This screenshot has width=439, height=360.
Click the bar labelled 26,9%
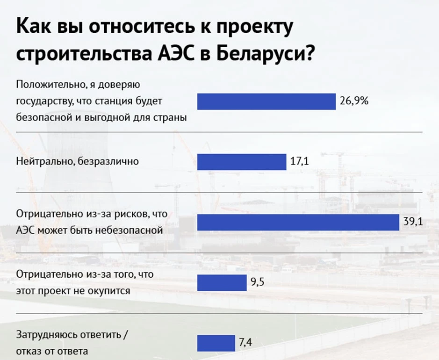266,101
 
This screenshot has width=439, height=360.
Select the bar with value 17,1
242,162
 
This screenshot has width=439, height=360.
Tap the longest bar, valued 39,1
298,223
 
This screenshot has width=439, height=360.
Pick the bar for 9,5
222,283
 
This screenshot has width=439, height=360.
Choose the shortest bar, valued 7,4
216,343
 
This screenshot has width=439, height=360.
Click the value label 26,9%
354,101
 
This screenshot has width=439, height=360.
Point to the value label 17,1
300,161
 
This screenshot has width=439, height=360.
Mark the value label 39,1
413,222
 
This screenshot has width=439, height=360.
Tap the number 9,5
257,282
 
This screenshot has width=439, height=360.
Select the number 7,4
245,342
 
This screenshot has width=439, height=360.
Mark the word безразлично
108,161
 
